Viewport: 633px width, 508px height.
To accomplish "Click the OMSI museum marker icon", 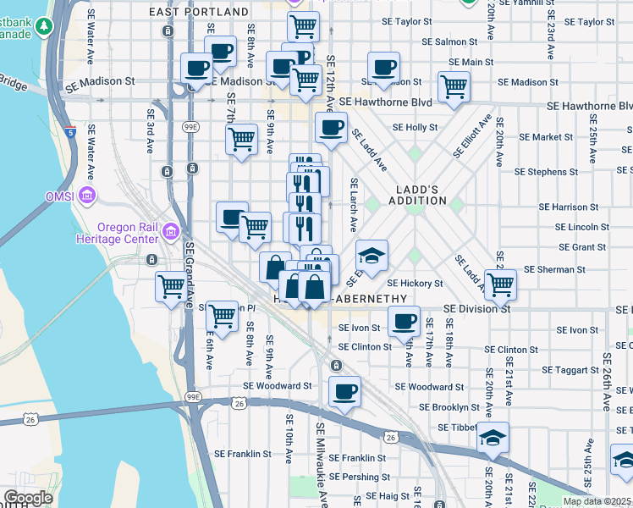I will [x=85, y=196].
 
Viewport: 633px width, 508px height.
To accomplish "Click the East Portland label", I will [x=199, y=13].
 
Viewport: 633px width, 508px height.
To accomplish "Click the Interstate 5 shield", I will [x=69, y=132].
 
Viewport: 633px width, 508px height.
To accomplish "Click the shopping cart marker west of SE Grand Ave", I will [x=171, y=287].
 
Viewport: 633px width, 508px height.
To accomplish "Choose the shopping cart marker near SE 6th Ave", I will [x=222, y=317].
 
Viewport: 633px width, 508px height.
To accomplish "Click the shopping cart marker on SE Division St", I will [x=500, y=285].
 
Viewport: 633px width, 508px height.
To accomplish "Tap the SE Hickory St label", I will [x=415, y=284].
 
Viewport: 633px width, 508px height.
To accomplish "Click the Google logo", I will [x=28, y=497].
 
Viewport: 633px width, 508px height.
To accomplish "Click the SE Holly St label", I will [x=421, y=128].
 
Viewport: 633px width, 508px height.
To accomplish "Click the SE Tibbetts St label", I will [x=456, y=426].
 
